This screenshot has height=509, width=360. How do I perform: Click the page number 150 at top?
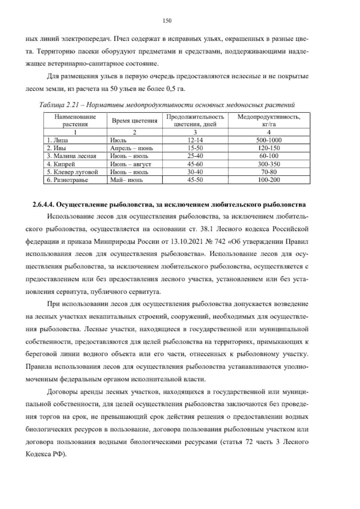(167, 21)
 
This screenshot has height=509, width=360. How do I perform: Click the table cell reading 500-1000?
(269, 140)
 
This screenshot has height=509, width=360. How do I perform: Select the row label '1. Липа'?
(58, 140)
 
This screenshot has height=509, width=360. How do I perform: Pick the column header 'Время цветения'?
(134, 121)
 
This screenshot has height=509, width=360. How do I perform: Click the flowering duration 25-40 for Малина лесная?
(195, 156)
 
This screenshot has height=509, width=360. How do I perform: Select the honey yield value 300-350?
(269, 164)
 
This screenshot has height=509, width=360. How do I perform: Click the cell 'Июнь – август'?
(130, 164)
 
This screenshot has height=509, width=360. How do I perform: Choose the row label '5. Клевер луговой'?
(72, 172)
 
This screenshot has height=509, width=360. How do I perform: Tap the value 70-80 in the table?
(269, 172)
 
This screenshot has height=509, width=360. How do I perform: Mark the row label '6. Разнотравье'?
(67, 180)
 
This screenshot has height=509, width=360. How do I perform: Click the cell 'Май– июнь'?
(126, 180)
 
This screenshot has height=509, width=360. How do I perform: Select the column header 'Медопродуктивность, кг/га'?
(269, 120)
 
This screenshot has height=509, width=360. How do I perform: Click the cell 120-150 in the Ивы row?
(269, 148)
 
